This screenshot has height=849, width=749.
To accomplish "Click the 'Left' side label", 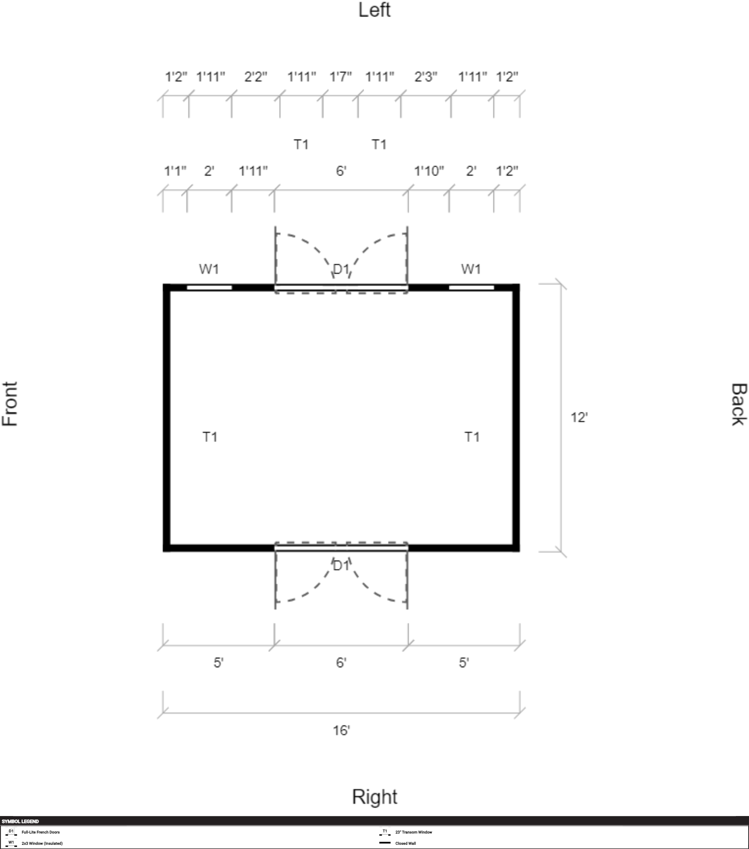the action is pos(374,10).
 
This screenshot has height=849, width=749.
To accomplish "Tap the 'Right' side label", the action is pos(375,797).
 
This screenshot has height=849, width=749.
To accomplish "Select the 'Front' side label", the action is pos(10,404).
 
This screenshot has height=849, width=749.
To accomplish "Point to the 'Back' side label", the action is pos(739,404).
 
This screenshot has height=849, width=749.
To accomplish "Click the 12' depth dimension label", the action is pos(579,417).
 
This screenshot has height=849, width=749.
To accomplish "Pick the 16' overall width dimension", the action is pos(341,730).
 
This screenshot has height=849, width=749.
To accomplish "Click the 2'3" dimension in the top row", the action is pos(426,77).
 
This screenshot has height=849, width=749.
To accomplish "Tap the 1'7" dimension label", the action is pos(341,77).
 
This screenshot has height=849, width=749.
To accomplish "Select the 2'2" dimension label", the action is pos(256,77).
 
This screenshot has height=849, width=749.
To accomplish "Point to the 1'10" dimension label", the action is pos(429,171).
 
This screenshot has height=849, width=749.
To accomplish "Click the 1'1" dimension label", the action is pos(175,171).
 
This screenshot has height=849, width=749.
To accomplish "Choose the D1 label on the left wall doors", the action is pos(341,270).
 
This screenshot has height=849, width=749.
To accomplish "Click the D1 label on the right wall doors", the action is pos(341,565).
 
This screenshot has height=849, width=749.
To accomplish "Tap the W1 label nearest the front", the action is pos(209,269).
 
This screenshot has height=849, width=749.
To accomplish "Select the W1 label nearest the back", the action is pos(471,269).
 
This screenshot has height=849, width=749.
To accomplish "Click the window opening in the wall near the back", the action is pos(472,287).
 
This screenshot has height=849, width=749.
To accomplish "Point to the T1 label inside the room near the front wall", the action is pos(210,437).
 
